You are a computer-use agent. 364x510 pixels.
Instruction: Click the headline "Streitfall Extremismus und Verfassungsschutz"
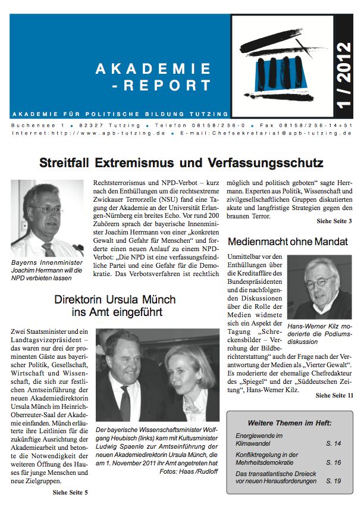tap(181, 162)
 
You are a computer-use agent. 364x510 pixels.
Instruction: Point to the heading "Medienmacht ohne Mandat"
tap(288, 242)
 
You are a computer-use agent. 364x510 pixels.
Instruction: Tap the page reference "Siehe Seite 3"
tap(334, 222)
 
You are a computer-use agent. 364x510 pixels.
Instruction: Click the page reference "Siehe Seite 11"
tap(334, 395)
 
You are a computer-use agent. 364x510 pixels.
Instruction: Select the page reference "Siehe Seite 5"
tap(70, 492)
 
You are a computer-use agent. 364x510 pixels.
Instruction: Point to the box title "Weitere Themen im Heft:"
tap(290, 423)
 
